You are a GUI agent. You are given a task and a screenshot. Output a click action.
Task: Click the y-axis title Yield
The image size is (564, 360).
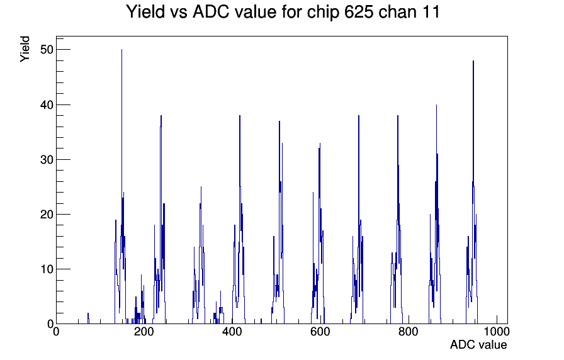click(x=25, y=49)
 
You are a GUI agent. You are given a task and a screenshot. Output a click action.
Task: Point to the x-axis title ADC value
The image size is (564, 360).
click(x=478, y=344)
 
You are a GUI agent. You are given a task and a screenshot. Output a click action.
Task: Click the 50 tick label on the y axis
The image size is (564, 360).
click(x=47, y=50)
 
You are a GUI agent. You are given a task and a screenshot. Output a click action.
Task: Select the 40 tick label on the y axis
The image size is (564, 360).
click(x=47, y=105)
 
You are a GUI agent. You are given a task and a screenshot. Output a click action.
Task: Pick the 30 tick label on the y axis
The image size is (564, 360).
click(x=47, y=160)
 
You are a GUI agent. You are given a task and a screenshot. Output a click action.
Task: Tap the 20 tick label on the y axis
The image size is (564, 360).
click(x=47, y=215)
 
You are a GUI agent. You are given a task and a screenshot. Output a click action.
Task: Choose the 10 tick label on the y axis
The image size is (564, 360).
click(x=47, y=269)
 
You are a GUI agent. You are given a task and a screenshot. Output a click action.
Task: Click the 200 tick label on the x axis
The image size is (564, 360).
click(x=144, y=331)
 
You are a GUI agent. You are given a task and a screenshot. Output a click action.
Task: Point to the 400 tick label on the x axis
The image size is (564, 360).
click(x=232, y=331)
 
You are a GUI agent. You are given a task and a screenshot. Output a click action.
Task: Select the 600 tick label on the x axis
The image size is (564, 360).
click(x=320, y=331)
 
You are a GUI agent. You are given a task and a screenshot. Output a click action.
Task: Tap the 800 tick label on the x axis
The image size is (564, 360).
click(x=409, y=331)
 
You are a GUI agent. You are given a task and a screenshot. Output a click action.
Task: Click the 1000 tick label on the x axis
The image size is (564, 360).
click(x=497, y=331)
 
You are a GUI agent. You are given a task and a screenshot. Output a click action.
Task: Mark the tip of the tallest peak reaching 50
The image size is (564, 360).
click(x=121, y=50)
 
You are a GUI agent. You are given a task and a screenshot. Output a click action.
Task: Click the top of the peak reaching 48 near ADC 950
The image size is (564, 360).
click(x=473, y=61)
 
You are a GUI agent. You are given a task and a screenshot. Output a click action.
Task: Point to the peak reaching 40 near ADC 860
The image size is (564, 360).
click(x=436, y=105)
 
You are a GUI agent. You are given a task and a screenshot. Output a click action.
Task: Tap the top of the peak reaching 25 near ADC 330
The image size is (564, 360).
click(x=201, y=187)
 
